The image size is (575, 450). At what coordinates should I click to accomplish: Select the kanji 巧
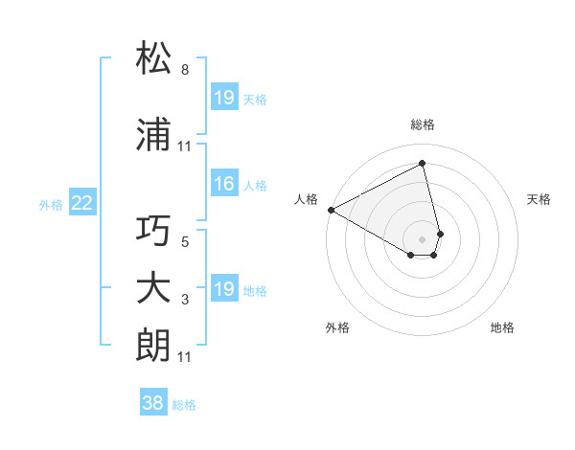pyautogui.click(x=154, y=231)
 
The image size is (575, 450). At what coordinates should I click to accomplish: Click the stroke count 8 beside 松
pyautogui.click(x=184, y=70)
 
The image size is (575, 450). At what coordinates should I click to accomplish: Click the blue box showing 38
pyautogui.click(x=153, y=404)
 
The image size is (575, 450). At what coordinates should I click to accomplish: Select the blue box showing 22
pyautogui.click(x=82, y=203)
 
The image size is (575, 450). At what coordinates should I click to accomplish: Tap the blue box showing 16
pyautogui.click(x=224, y=185)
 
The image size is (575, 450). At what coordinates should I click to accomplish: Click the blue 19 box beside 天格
pyautogui.click(x=224, y=98)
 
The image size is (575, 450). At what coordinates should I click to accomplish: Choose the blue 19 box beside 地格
pyautogui.click(x=224, y=289)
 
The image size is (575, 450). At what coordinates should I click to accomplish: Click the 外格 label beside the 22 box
pyautogui.click(x=51, y=204)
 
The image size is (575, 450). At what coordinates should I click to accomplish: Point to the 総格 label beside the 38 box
pyautogui.click(x=184, y=405)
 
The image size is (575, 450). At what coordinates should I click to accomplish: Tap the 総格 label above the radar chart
pyautogui.click(x=423, y=124)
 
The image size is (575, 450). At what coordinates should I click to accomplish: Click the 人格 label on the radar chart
pyautogui.click(x=308, y=199)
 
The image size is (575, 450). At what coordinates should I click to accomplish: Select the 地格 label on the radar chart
pyautogui.click(x=502, y=327)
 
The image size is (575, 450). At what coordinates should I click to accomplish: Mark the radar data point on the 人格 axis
pyautogui.click(x=331, y=210)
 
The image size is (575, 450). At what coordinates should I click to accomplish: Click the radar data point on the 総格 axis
pyautogui.click(x=423, y=164)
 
